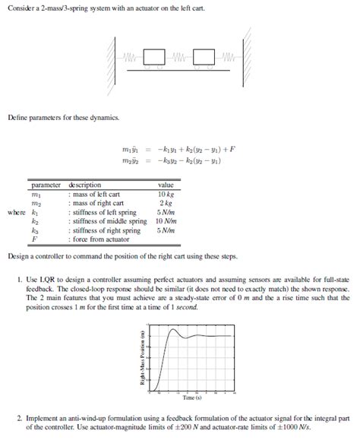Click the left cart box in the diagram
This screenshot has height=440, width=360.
(x=154, y=58)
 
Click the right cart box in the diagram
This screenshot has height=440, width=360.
(x=204, y=58)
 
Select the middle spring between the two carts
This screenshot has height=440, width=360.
(x=179, y=57)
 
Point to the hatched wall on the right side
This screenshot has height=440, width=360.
(x=248, y=57)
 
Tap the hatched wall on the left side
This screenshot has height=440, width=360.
(x=113, y=57)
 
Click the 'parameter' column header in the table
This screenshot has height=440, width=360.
(x=46, y=185)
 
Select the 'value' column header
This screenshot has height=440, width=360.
(x=166, y=185)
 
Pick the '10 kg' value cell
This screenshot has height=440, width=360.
(x=166, y=195)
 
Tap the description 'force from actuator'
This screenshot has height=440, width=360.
(x=101, y=239)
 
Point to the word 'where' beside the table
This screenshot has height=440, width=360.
(x=17, y=213)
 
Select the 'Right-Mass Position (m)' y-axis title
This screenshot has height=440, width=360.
(x=141, y=360)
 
